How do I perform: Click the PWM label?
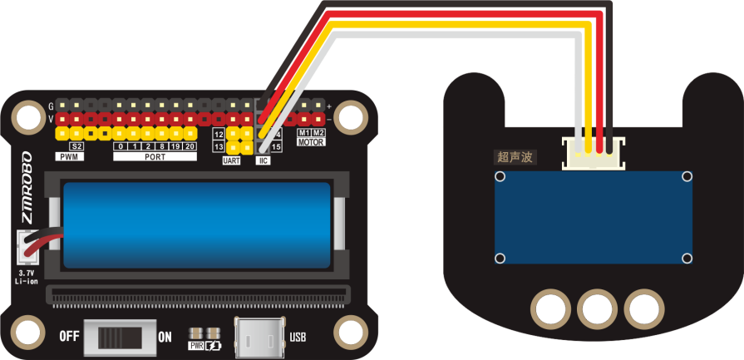pyautogui.click(x=69, y=156)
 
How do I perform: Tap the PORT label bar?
pyautogui.click(x=155, y=156)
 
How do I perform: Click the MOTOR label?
pyautogui.click(x=311, y=142)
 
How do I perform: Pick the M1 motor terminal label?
pyautogui.click(x=303, y=133)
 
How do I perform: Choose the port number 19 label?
pyautogui.click(x=175, y=146)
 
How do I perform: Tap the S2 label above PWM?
pyautogui.click(x=76, y=146)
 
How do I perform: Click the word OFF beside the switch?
pyautogui.click(x=70, y=337)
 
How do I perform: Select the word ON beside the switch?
pyautogui.click(x=165, y=337)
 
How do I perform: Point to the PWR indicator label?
pyautogui.click(x=197, y=344)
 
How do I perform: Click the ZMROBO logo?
pyautogui.click(x=26, y=187)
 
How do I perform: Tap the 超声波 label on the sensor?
pyautogui.click(x=515, y=156)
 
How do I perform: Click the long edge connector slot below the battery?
pyautogui.click(x=198, y=294)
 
